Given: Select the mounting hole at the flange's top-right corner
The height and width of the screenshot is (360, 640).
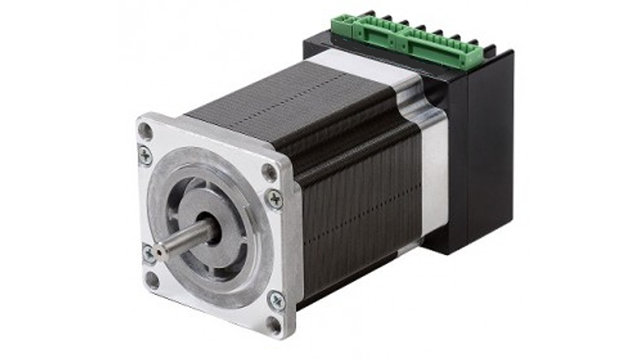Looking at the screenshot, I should pos(269,172).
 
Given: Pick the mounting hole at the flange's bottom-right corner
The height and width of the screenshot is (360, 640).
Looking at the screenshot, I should pos(273,325).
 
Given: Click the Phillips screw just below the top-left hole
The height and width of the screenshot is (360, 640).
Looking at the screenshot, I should pos(145,156).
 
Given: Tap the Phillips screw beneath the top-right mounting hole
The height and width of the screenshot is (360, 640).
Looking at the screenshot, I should pos(274,200).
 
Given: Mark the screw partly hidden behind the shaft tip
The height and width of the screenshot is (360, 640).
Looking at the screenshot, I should pos(148,254).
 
